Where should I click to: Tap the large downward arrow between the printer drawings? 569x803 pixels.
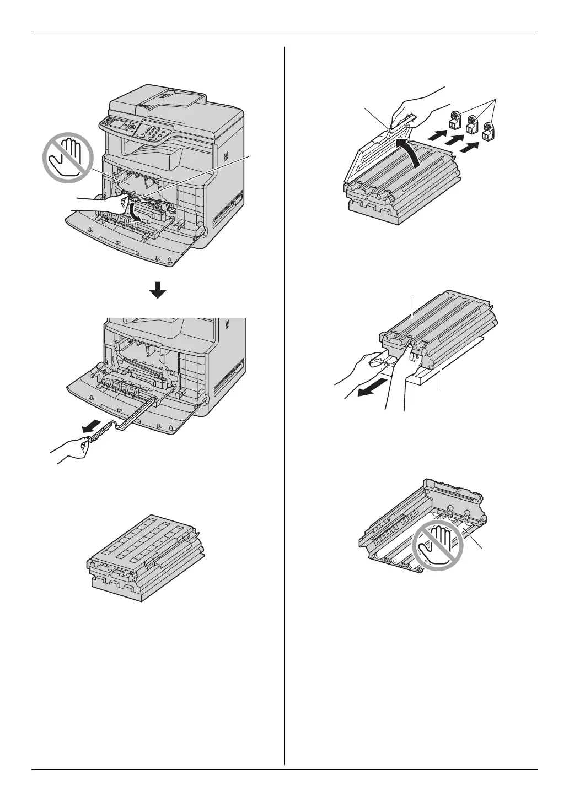tap(158, 289)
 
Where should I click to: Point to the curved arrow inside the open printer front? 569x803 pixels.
tap(135, 213)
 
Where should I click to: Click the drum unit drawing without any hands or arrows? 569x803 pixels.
tap(146, 556)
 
